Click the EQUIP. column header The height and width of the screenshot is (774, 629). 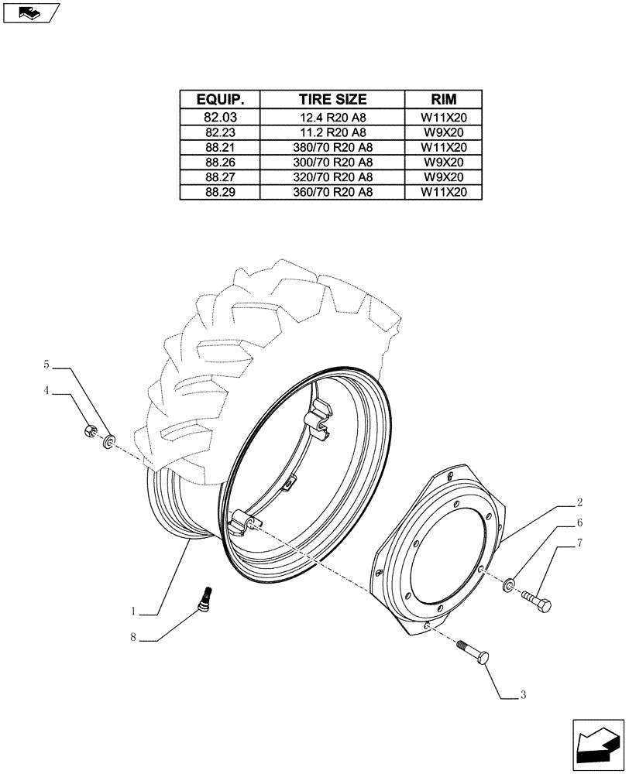tap(220, 100)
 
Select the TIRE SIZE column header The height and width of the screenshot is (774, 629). tap(333, 100)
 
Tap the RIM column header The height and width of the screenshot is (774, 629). tap(444, 100)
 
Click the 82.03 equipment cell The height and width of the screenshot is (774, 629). tap(220, 118)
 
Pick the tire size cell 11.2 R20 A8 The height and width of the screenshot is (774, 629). tap(333, 132)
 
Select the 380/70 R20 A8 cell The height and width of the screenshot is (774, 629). tap(333, 147)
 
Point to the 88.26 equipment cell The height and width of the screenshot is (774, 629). tap(220, 163)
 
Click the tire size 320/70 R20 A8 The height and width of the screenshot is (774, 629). tap(333, 177)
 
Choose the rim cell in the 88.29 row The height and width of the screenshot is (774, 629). tap(444, 192)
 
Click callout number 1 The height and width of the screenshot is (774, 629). tap(133, 611)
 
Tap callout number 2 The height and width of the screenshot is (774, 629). tap(579, 502)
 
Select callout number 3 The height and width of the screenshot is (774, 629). tap(523, 695)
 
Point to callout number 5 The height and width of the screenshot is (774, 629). tap(46, 364)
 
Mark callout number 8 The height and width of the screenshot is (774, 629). tap(133, 639)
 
